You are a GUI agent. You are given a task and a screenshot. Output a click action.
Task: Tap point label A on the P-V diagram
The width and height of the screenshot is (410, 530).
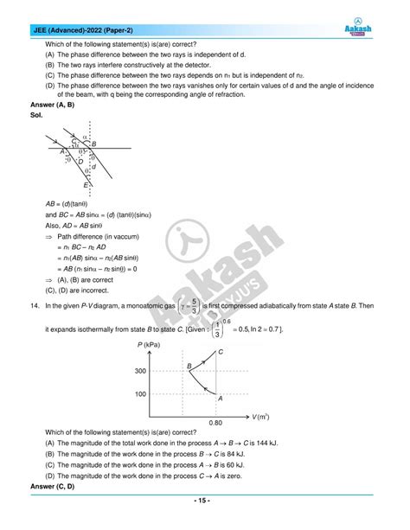tap(221, 399)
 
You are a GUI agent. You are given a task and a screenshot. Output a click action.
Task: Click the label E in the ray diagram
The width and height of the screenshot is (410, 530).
tap(85, 185)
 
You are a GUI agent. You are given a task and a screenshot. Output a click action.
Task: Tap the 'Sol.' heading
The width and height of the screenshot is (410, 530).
tap(36, 115)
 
